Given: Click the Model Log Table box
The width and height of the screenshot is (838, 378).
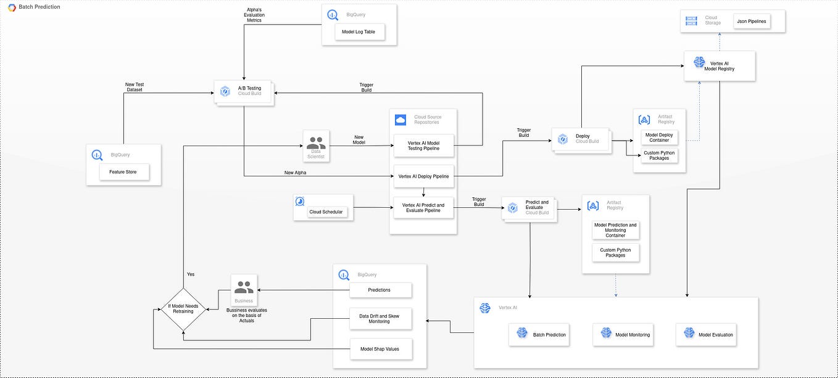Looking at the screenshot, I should click(359, 32).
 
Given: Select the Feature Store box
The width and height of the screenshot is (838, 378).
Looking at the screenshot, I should click(124, 171).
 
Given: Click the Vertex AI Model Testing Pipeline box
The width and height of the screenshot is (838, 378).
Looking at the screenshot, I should click(423, 146).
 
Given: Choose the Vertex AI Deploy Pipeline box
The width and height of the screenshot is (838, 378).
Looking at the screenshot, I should click(423, 176).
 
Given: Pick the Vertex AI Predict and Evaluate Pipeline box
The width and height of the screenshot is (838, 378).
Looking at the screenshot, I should click(423, 208).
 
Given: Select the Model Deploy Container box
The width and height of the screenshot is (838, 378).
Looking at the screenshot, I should click(659, 137).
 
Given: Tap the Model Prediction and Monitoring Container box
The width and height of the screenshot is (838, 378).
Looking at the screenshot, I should click(615, 230).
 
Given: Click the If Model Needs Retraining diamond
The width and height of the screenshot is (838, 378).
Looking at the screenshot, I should click(183, 309).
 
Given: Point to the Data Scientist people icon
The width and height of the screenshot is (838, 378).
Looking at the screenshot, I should click(316, 144).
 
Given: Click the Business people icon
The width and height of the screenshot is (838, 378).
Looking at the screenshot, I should click(244, 287).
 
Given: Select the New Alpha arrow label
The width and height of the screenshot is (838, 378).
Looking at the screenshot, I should click(295, 173).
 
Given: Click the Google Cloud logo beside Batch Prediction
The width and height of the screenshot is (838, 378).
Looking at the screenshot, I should click(12, 7).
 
